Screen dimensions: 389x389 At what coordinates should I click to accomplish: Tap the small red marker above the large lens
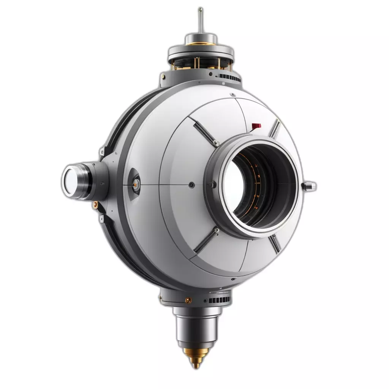point(257,125)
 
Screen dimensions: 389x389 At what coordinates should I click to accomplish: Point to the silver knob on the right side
point(309,186)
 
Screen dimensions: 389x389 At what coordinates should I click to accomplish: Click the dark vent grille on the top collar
point(230,79)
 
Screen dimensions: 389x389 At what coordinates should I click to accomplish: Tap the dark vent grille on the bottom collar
point(219,300)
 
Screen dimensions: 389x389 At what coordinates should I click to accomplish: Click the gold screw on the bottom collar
point(188,300)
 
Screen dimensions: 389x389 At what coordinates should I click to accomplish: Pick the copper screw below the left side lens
point(95,205)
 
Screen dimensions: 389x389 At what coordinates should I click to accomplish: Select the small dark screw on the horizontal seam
point(191,185)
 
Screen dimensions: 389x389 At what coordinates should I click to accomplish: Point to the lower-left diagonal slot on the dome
point(206,241)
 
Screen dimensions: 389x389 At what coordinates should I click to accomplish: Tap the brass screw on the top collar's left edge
point(163,76)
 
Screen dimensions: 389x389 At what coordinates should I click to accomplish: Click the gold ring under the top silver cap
point(201,44)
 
